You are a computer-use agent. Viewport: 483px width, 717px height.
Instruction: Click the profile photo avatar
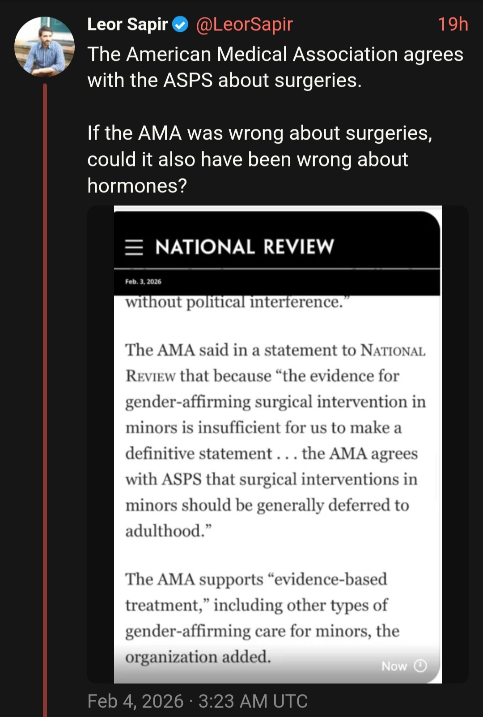coord(44,47)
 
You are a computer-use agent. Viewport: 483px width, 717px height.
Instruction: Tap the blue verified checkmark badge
coord(180,25)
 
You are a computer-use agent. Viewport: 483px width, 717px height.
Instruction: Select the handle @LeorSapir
coord(244,25)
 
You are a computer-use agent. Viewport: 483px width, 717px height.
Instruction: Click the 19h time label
coord(453,25)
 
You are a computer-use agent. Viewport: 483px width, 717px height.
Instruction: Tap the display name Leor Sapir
coord(127,25)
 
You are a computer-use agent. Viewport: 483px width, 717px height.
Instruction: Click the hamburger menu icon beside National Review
coord(134,247)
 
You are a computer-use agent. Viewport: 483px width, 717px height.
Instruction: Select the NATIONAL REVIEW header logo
coord(244,247)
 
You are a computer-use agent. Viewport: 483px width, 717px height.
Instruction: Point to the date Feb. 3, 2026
coord(143,282)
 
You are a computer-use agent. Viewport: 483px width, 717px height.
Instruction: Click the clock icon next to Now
coord(420,666)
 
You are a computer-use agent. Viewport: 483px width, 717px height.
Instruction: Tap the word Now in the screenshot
coord(394,666)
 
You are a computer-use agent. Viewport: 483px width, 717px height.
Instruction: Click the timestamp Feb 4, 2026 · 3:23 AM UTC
coord(197,701)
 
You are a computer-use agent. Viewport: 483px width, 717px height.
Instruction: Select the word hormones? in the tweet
coord(137,186)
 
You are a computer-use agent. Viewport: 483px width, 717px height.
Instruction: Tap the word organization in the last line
coord(171,657)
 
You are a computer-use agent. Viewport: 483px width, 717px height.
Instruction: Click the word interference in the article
coord(296,302)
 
